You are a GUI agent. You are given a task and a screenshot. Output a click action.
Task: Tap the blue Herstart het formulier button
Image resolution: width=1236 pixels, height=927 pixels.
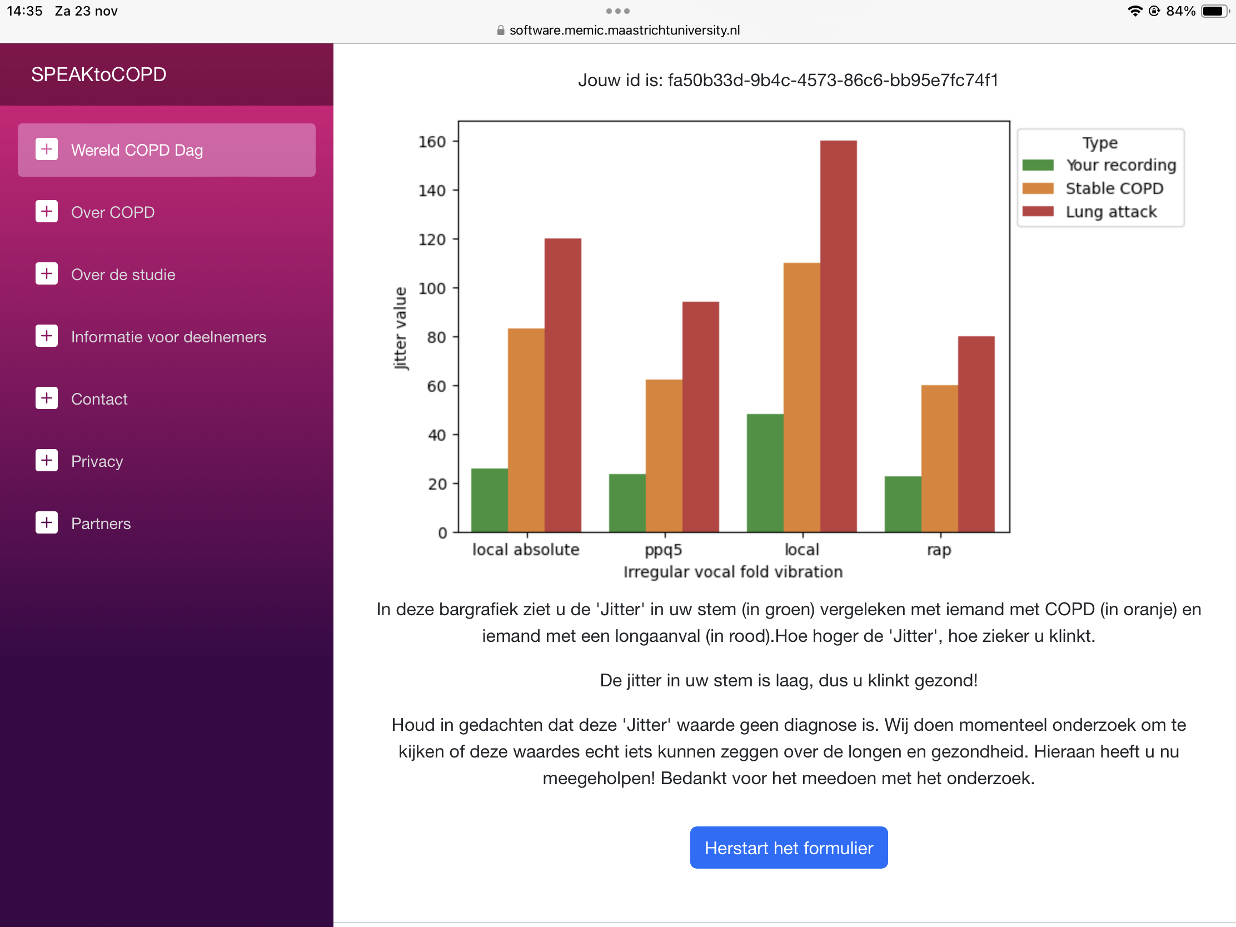coord(789,848)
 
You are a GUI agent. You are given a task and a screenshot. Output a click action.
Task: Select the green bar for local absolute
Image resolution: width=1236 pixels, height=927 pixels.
coord(489,500)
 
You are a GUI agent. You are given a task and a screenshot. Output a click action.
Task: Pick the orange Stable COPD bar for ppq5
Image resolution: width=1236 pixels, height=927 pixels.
coord(664,455)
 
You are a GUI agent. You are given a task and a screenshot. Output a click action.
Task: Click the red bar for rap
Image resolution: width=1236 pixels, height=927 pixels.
coord(975,434)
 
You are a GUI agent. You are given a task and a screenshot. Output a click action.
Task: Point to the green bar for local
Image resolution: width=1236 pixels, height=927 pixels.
coord(764,473)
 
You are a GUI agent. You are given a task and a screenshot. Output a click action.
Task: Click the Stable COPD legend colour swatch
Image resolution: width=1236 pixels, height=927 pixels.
coord(1038,188)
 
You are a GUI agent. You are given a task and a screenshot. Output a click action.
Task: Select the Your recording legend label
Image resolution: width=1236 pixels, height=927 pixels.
coord(1120,165)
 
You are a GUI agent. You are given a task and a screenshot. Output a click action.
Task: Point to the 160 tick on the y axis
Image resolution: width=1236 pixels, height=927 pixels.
coord(432,142)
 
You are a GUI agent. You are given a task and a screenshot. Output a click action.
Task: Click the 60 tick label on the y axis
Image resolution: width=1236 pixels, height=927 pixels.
coord(436,386)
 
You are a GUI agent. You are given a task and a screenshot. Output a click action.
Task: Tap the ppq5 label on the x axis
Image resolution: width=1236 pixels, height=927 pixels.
coord(663,550)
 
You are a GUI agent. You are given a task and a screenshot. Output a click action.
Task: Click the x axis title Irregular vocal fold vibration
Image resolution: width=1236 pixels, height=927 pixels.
coord(732,572)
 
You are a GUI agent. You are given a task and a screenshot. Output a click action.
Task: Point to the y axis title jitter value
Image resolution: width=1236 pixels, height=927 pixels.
coord(400,328)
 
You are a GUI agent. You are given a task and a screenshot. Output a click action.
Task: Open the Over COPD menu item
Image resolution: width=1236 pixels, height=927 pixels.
coord(113,212)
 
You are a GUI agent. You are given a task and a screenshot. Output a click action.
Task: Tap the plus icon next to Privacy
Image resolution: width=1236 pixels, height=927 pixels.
coord(46,460)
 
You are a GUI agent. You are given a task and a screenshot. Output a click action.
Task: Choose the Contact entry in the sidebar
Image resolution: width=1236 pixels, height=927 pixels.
coord(99,399)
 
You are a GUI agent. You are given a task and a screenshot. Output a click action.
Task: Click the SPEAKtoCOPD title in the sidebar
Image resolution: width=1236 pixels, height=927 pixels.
coord(98,74)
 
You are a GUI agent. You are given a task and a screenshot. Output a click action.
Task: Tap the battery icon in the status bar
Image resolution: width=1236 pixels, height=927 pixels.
coord(1214,11)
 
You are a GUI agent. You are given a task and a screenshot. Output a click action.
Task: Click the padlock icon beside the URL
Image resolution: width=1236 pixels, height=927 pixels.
coord(501,30)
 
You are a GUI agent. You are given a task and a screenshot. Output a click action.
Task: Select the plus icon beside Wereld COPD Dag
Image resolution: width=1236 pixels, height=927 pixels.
coord(46,149)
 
